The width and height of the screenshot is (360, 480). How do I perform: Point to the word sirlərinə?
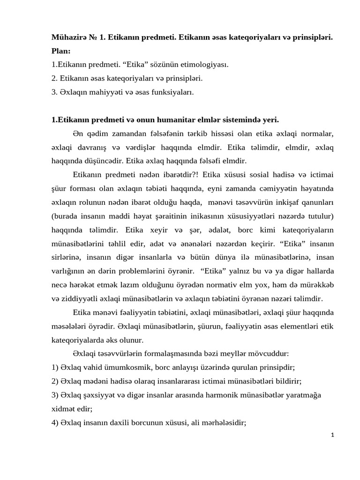(66, 257)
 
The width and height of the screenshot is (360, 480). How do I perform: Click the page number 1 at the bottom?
(332, 435)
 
